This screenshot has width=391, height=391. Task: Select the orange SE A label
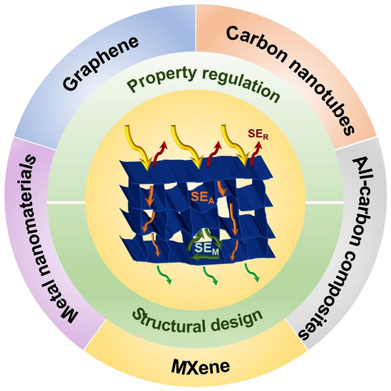coord(202,198)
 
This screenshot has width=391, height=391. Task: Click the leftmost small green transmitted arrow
coord(164,275)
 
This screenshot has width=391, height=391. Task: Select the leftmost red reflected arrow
coord(160,153)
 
